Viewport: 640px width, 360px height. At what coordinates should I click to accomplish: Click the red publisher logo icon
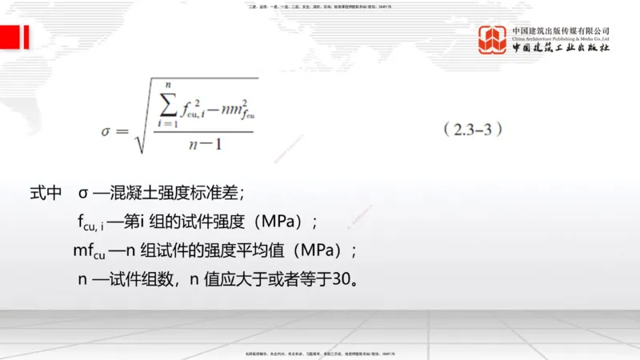click(493, 40)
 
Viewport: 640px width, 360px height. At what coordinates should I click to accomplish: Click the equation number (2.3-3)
click(473, 130)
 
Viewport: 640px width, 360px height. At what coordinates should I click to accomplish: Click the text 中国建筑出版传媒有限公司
click(561, 30)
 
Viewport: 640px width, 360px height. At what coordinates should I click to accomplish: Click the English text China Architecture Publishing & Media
click(561, 38)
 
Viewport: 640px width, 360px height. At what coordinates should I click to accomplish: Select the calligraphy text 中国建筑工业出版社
click(561, 48)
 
